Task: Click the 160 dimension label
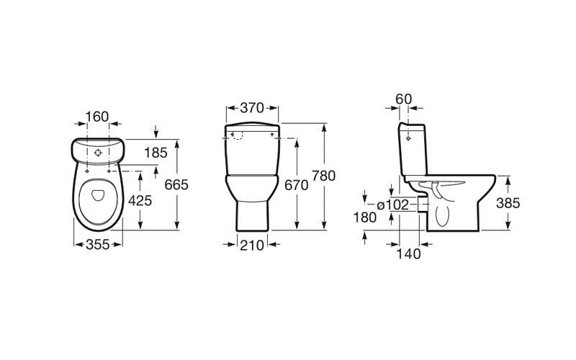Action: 97,117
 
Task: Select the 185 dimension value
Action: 156,152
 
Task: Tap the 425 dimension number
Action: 140,201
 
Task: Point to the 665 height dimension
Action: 176,185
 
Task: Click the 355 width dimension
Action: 97,245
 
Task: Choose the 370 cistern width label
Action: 253,108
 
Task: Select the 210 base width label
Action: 253,245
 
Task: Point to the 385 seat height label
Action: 508,203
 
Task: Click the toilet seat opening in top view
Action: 96,199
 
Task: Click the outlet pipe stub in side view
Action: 422,204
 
